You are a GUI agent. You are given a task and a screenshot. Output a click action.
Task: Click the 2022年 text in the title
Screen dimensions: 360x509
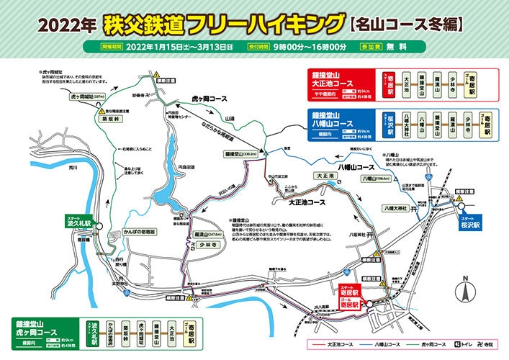[66, 24]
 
